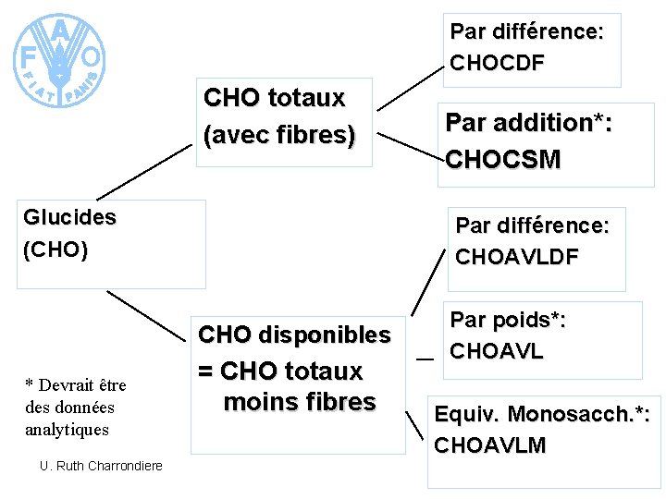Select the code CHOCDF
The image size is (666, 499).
[x=497, y=62]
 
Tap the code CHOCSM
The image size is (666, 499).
[x=502, y=159]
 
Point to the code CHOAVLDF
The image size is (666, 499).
[x=516, y=256]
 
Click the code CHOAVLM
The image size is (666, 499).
[x=490, y=445]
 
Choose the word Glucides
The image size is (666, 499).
[x=70, y=218]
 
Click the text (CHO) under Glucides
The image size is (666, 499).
[x=56, y=249]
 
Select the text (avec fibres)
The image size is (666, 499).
[x=278, y=135]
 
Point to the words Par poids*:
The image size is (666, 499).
[x=508, y=321]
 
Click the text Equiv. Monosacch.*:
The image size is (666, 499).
[x=541, y=414]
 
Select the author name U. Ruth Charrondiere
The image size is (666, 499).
[x=101, y=466]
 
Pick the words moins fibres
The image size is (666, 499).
[x=300, y=402]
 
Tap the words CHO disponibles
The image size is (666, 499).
[x=295, y=335]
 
